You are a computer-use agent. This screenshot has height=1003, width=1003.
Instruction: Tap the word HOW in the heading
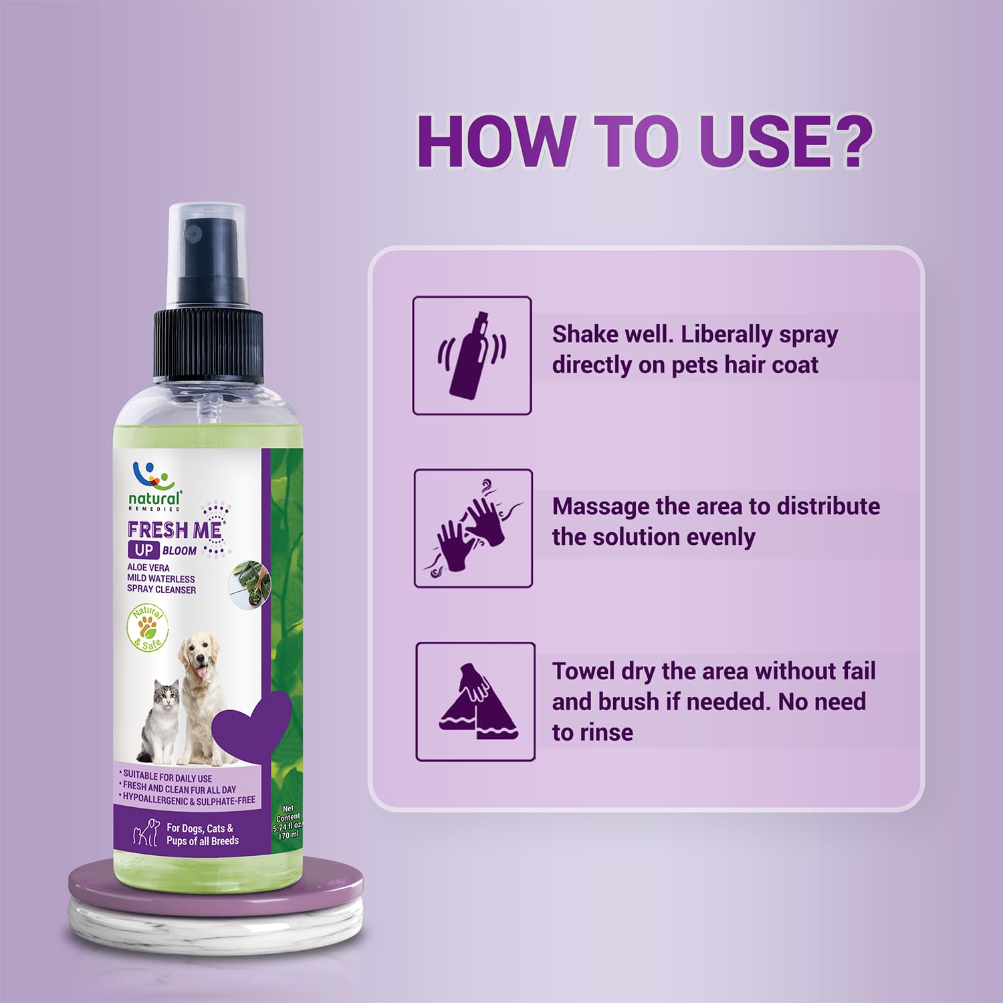coord(495,142)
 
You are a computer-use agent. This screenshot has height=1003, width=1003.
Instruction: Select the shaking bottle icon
coord(472,356)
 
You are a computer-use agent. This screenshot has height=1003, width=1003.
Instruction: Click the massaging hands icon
coord(473,528)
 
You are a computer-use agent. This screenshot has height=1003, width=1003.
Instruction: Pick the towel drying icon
coord(475,701)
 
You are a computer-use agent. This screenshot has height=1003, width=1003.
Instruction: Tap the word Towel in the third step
coord(583,671)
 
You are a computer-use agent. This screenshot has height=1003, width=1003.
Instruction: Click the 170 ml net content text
coord(289,836)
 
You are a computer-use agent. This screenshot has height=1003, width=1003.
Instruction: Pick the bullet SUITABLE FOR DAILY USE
coord(167,778)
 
